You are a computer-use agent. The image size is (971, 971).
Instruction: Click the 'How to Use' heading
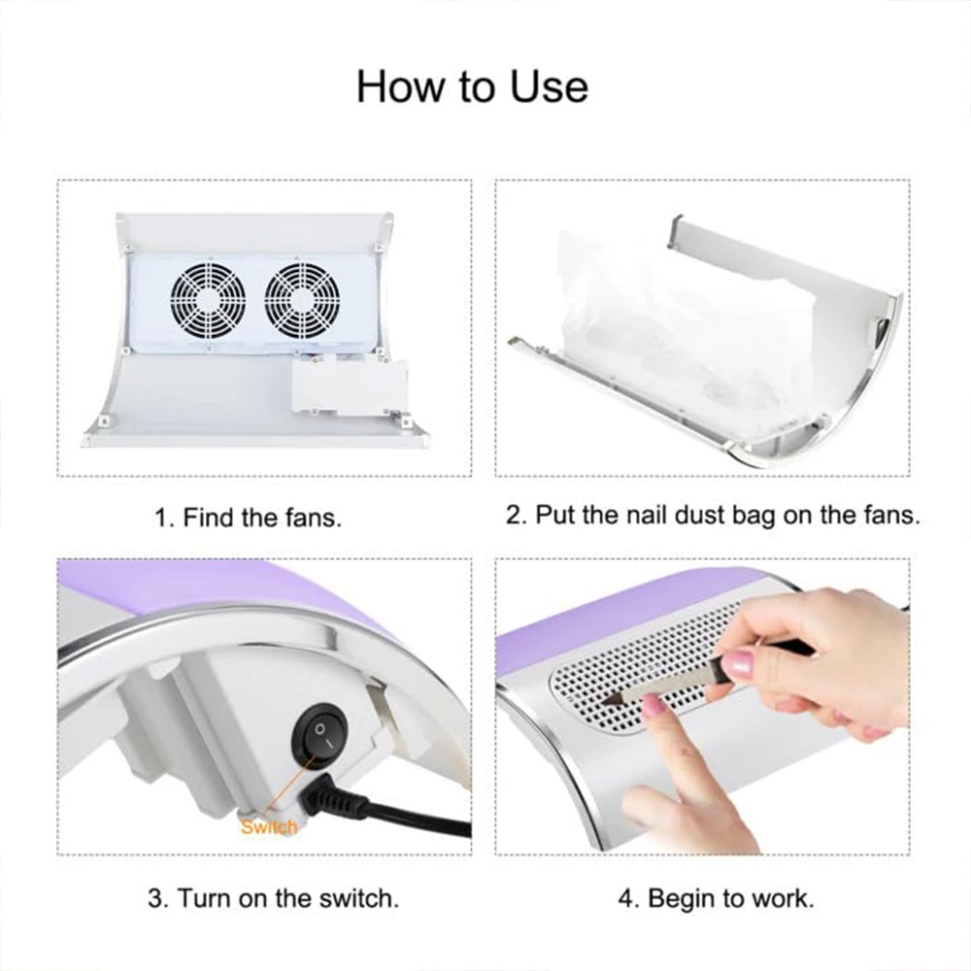pos(472,86)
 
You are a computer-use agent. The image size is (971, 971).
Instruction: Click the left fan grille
pos(209,300)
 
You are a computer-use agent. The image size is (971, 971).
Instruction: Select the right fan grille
pos(302,300)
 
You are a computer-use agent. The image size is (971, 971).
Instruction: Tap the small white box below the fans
pos(350,388)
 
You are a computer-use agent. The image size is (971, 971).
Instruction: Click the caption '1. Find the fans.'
pos(248,518)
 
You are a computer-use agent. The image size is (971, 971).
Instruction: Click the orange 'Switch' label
pos(269,826)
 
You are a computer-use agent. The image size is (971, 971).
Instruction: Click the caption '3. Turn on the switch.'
pos(273,898)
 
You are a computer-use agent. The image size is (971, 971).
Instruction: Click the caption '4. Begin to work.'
pos(716,898)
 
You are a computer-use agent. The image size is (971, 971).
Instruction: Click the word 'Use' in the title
pos(549,86)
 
